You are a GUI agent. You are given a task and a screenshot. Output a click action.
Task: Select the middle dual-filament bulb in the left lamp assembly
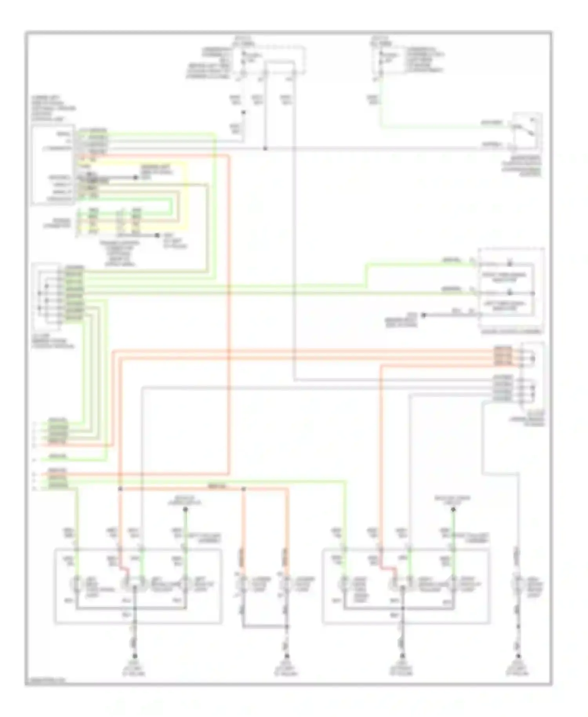click(133, 583)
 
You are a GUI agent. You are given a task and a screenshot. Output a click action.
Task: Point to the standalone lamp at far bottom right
click(518, 583)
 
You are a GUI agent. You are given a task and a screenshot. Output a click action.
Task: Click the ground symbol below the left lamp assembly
click(135, 656)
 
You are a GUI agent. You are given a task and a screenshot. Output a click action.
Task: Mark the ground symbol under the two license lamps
click(287, 656)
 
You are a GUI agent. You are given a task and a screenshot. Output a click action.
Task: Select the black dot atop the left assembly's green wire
click(185, 510)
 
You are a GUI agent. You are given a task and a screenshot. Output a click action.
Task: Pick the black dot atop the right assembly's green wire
click(453, 510)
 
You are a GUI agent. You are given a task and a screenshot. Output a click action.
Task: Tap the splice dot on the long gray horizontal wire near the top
click(265, 149)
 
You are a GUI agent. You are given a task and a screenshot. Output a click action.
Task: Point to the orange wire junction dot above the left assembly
click(120, 489)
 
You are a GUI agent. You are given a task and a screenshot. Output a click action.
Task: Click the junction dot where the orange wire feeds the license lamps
click(243, 489)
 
